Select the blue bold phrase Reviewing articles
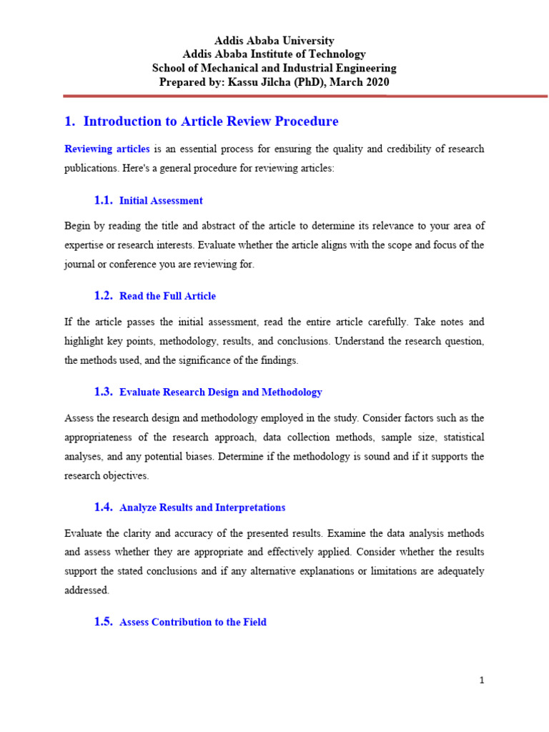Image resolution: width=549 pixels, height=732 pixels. pyautogui.click(x=107, y=149)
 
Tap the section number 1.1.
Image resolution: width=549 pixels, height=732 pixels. pyautogui.click(x=104, y=201)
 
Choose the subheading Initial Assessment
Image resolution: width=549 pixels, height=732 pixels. pyautogui.click(x=161, y=201)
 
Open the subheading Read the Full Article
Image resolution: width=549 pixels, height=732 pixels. pyautogui.click(x=167, y=296)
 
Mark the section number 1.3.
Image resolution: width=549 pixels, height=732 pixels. pyautogui.click(x=104, y=392)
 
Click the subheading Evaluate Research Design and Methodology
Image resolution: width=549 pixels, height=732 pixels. pyautogui.click(x=221, y=392)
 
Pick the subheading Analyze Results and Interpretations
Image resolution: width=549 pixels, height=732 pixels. pyautogui.click(x=202, y=508)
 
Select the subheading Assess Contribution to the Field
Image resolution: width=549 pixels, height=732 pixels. pyautogui.click(x=193, y=623)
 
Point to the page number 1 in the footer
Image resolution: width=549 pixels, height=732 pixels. pyautogui.click(x=482, y=681)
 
